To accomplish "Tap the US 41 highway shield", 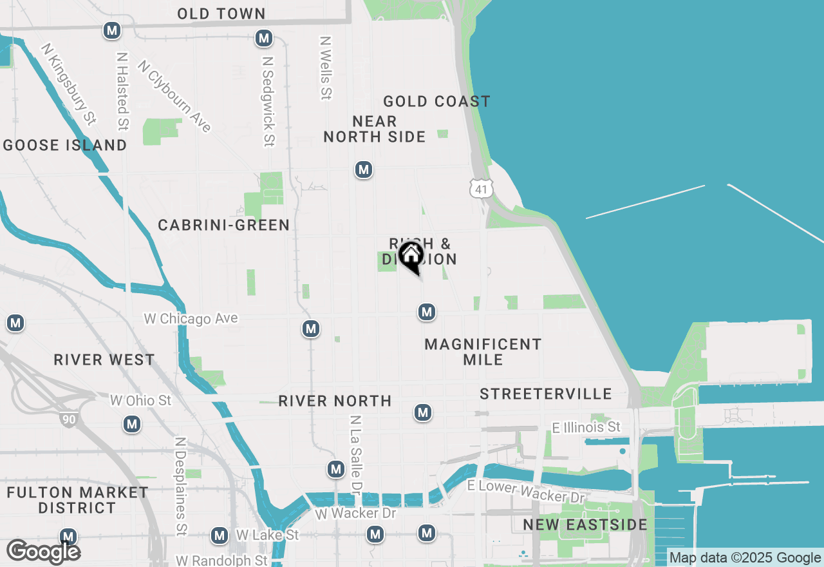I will point(481,189).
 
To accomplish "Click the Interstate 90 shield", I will point(68,419).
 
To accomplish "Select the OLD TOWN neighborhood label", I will point(221,14).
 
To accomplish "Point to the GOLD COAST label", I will point(436,101).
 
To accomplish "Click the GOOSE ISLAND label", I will point(65,145).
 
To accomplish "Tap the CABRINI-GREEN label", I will point(224,225).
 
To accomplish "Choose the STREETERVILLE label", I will point(546,394).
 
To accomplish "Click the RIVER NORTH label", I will point(335,401).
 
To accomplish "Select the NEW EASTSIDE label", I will point(585,524).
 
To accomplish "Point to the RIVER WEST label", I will point(104,360).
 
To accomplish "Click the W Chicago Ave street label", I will point(191,318).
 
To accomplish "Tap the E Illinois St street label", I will point(586,427).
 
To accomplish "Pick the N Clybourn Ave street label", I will point(174,96).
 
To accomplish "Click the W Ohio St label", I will point(141,400).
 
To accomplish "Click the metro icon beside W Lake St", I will point(220,535).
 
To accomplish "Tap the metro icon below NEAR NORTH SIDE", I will point(364,169).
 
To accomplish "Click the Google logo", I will point(43,552).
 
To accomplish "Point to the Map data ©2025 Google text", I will point(745,558).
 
